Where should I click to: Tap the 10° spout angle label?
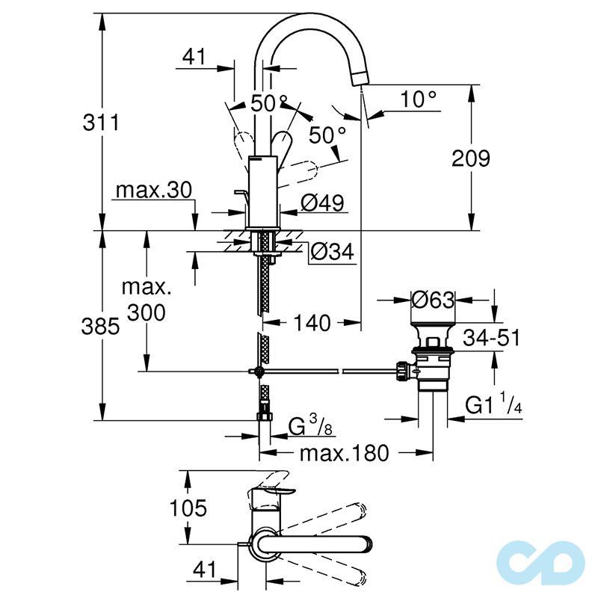[419, 98]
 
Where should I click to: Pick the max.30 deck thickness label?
[154, 191]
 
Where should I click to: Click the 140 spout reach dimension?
[311, 324]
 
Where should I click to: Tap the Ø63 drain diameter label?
[434, 300]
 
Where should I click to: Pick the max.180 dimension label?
[345, 453]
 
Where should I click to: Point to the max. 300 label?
[146, 300]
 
